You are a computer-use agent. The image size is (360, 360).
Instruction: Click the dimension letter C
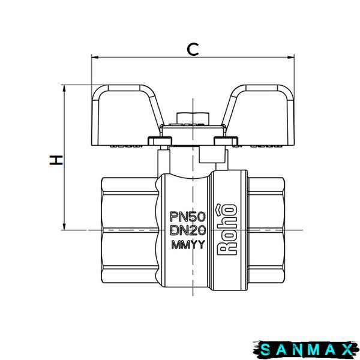(193, 49)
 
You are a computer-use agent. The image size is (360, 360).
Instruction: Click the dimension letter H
(56, 160)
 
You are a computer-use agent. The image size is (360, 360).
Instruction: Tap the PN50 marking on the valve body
(187, 217)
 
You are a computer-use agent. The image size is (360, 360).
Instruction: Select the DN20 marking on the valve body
(188, 230)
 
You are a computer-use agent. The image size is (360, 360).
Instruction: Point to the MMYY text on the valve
(188, 245)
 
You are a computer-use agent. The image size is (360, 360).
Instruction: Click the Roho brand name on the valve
(227, 229)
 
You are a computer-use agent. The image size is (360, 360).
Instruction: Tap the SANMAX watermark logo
(306, 350)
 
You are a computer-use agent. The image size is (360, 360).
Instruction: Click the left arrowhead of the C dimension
(95, 57)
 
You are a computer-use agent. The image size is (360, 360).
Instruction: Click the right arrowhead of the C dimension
(290, 57)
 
